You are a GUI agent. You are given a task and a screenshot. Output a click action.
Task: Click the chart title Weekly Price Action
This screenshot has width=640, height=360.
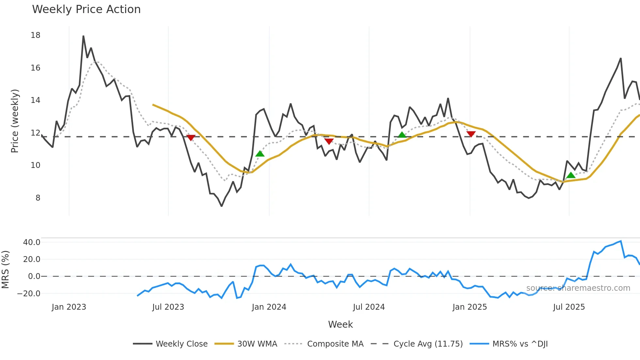86,9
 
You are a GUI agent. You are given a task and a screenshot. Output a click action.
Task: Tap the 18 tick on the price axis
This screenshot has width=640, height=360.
36,35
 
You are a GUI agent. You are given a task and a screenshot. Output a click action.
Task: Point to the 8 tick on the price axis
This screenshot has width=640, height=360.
38,198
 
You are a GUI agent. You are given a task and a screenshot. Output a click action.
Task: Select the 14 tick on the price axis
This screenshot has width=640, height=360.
36,100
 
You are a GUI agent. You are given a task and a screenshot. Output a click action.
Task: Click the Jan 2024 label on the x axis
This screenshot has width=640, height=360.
269,307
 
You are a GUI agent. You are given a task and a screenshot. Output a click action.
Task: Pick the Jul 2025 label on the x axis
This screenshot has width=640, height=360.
569,307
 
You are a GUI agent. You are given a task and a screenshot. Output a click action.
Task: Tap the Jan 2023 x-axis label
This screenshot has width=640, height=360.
69,307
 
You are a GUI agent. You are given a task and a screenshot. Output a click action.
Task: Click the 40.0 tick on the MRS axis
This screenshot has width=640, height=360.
32,242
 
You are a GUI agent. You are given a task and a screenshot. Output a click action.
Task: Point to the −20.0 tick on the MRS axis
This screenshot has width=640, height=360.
29,294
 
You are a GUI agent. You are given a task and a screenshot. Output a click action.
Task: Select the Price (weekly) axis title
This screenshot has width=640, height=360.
15,121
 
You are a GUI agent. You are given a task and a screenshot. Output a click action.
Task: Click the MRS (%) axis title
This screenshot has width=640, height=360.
5,270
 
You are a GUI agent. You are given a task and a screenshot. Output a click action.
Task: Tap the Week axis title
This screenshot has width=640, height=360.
340,324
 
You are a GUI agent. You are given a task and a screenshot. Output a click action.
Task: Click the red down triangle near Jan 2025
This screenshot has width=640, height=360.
471,134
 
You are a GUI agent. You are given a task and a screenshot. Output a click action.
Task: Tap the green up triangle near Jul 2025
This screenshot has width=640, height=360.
571,175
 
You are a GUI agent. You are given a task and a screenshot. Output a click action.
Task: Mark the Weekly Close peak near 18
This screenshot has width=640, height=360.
83,36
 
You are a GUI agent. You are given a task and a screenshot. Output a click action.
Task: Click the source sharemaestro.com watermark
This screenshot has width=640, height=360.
578,288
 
